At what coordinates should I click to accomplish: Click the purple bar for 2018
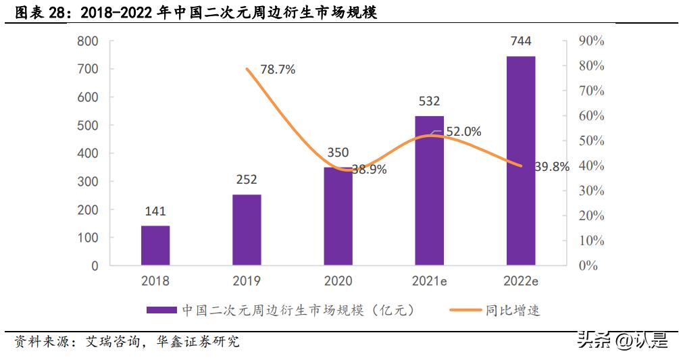pos(155,245)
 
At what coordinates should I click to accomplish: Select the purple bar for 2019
pos(247,230)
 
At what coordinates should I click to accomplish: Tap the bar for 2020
pos(338,216)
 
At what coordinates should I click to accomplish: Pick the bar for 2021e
pos(429,190)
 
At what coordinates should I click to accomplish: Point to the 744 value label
pos(520,42)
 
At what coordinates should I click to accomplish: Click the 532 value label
pos(429,101)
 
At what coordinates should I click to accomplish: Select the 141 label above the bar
pos(155,211)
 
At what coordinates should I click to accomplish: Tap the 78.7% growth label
pos(278,70)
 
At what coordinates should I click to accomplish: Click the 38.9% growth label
pos(369,170)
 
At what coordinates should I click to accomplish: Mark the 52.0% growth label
pos(463,132)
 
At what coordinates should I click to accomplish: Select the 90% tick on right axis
pos(591,41)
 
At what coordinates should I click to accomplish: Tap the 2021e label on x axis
pos(429,281)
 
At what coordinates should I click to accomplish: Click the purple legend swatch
pos(161,311)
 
